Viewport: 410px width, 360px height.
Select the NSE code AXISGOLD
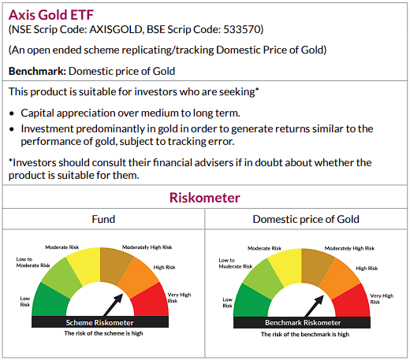pos(113,30)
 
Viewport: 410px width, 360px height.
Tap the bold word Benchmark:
pos(35,71)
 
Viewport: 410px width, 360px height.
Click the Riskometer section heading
pos(205,197)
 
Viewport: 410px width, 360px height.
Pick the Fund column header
pos(103,218)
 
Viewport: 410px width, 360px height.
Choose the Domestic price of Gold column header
pos(306,218)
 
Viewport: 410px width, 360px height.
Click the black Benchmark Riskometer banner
pos(301,323)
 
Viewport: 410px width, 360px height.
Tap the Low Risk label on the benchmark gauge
pos(227,301)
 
